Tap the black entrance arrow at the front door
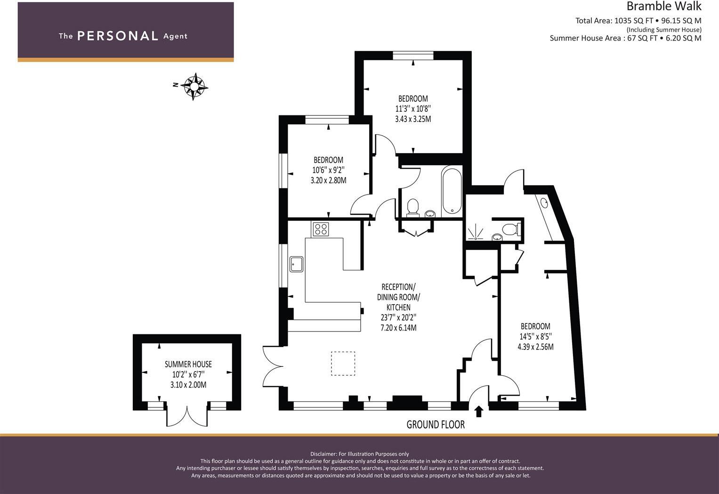(x=479, y=411)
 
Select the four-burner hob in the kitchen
(x=321, y=229)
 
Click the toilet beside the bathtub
(x=413, y=207)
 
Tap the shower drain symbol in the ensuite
(x=476, y=232)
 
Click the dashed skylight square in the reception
(x=343, y=364)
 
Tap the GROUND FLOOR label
(x=436, y=425)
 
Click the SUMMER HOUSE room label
(x=188, y=364)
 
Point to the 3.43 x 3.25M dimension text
(x=413, y=119)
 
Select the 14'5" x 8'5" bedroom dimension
(x=535, y=337)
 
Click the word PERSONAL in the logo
(x=118, y=36)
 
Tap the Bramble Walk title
(x=663, y=7)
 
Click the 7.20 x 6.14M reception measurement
(x=398, y=328)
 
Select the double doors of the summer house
(x=187, y=415)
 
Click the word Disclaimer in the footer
(x=323, y=454)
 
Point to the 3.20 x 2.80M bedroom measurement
(x=328, y=180)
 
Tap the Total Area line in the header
(x=638, y=21)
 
